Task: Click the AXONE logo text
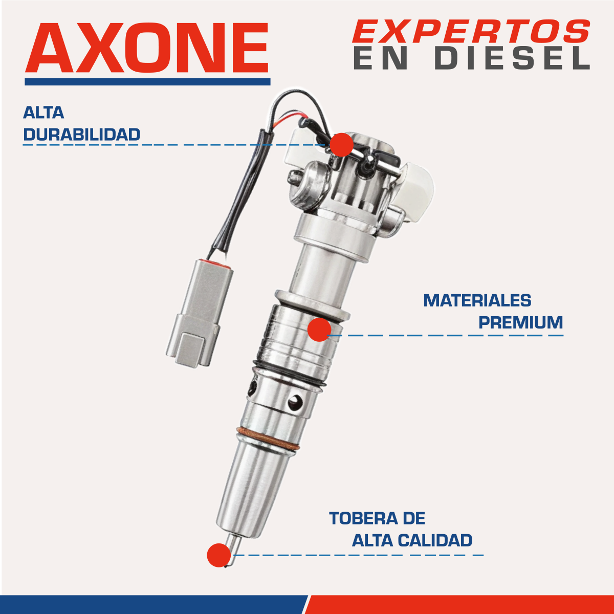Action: point(147,48)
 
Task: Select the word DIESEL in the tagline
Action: point(512,58)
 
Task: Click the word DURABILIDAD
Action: point(82,135)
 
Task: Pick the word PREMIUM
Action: point(520,322)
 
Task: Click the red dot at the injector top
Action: point(341,144)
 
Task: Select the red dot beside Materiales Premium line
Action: point(320,330)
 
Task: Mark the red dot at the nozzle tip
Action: point(219,555)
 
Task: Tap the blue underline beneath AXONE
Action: point(147,81)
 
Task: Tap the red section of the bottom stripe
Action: point(461,604)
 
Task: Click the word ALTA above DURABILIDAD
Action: point(43,113)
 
